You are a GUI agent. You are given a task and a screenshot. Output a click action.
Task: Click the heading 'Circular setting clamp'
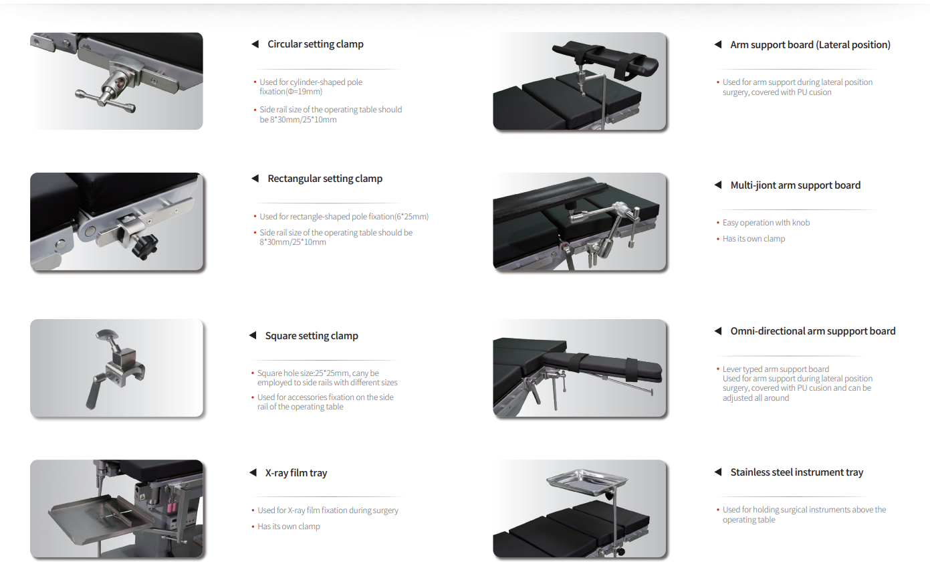315,44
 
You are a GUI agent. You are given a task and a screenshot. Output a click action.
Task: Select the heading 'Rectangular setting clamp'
325,179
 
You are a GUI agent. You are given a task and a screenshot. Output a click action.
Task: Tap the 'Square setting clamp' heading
312,336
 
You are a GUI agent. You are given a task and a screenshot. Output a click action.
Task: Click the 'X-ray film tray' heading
296,473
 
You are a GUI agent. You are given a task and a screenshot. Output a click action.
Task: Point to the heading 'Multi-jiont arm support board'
795,185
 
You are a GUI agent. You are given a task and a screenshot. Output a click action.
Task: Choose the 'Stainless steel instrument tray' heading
797,472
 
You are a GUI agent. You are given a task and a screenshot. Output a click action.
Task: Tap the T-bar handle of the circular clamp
106,101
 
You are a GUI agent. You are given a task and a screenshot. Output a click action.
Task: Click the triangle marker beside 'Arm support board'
718,44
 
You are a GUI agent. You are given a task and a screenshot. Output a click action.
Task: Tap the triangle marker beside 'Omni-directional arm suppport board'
718,331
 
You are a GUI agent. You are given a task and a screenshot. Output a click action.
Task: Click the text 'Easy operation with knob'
766,223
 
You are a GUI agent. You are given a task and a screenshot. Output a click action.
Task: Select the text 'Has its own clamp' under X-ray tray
289,527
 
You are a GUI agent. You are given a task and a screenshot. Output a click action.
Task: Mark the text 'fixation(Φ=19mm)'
291,92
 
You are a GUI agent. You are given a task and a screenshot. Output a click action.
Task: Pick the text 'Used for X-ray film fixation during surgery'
328,510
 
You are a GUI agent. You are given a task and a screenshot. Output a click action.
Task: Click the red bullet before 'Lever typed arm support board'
718,369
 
